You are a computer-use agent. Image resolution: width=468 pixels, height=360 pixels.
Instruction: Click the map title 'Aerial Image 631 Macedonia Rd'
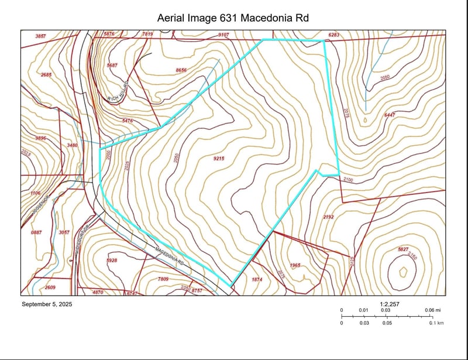pos(233,19)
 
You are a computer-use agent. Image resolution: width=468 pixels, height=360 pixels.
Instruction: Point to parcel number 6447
pos(390,115)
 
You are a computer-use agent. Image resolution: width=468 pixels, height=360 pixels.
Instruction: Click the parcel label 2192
pos(328,217)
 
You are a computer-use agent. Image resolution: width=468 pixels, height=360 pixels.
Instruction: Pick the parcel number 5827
pos(403,249)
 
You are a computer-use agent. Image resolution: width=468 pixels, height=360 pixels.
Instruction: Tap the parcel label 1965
pos(295,265)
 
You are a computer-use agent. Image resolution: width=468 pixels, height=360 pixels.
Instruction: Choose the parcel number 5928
pos(112,260)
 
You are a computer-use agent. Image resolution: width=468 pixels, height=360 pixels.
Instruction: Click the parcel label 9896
pos(40,138)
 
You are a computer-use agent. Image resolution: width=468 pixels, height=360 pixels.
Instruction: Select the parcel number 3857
pos(40,36)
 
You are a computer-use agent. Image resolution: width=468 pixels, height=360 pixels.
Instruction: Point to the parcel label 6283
pos(333,35)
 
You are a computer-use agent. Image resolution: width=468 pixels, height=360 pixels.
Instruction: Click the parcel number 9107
pos(223,35)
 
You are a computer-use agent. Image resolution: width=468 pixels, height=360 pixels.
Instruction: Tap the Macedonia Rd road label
pos(170,256)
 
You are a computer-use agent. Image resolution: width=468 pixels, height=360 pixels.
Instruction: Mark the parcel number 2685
pos(47,75)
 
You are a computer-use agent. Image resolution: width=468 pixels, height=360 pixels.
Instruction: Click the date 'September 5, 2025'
pos(47,304)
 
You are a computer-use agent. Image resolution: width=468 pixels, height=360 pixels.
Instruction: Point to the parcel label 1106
pos(36,193)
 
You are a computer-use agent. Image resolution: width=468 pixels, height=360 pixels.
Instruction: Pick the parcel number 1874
pos(256,279)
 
